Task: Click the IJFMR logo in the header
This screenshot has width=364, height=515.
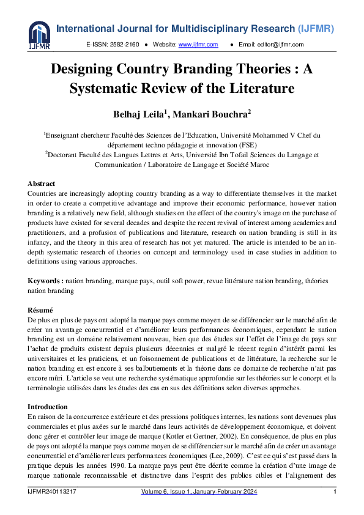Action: coord(39,35)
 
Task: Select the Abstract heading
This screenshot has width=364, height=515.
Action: coord(41,183)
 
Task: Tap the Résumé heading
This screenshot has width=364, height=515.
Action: coord(40,310)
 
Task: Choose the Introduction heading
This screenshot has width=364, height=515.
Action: coord(48,407)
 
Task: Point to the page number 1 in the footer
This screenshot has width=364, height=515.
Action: coord(334,492)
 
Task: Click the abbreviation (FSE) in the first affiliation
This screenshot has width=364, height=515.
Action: coord(245,145)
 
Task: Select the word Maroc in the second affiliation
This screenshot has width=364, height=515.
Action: coord(259,165)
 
